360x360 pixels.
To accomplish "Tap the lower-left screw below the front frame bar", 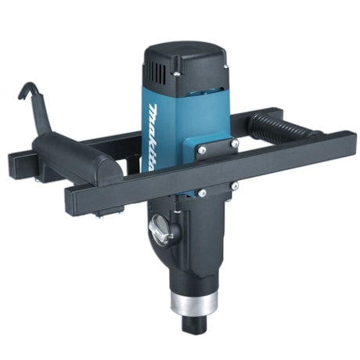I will pyautogui.click(x=202, y=193).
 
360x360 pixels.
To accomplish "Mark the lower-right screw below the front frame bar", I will pyautogui.click(x=233, y=185).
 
